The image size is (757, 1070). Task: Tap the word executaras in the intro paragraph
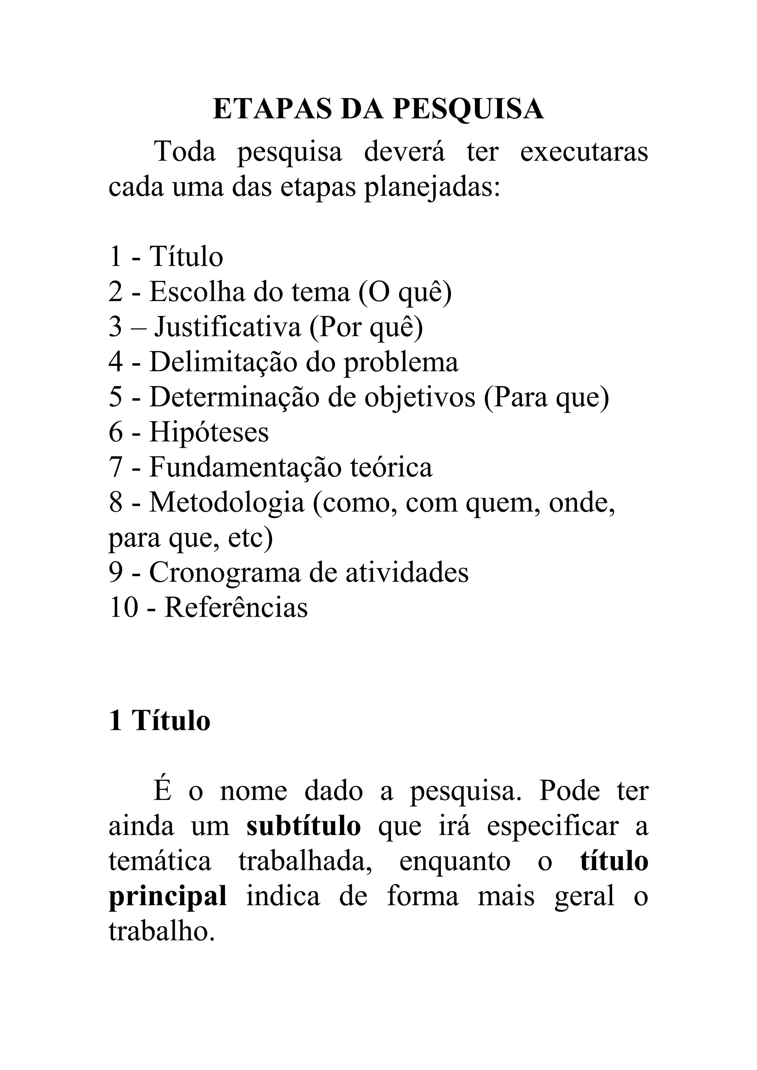584,152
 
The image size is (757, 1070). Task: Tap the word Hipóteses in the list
209,432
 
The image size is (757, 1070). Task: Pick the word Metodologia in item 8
227,502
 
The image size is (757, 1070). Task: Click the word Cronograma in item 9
225,573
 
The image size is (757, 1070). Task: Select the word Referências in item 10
236,608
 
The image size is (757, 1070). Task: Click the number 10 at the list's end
123,608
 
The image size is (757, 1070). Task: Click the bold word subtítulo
303,826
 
